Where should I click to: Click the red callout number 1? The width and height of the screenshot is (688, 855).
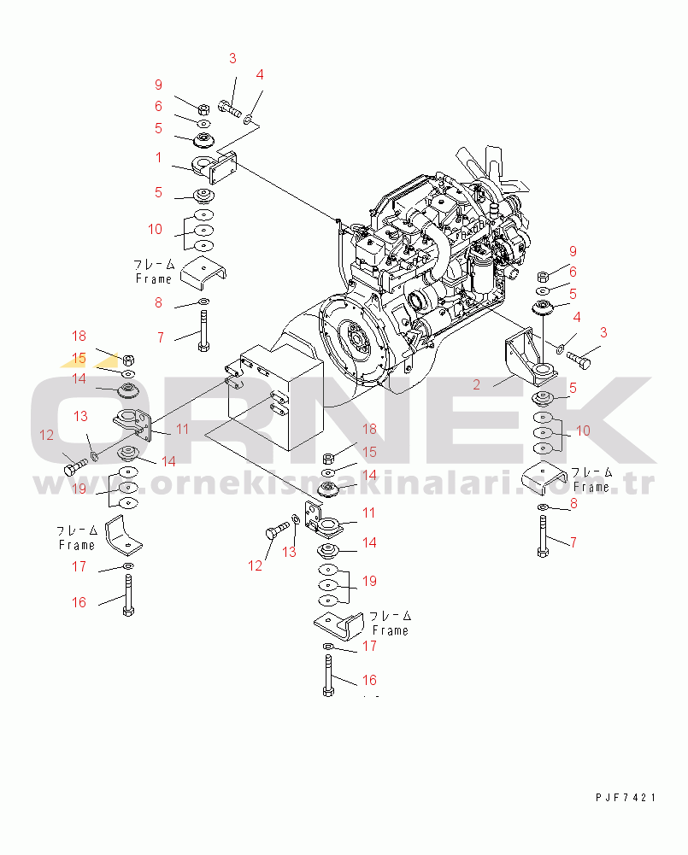pyautogui.click(x=158, y=157)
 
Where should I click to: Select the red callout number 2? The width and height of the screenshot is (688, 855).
pyautogui.click(x=476, y=385)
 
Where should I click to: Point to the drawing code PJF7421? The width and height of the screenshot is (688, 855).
pyautogui.click(x=626, y=797)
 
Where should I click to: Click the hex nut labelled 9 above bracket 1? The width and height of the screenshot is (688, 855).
pyautogui.click(x=203, y=109)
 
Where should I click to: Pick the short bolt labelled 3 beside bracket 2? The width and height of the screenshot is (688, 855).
pyautogui.click(x=579, y=360)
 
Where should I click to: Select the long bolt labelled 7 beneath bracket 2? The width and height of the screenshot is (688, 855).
pyautogui.click(x=543, y=536)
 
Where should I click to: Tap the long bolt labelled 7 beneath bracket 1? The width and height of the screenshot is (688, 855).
pyautogui.click(x=203, y=331)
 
